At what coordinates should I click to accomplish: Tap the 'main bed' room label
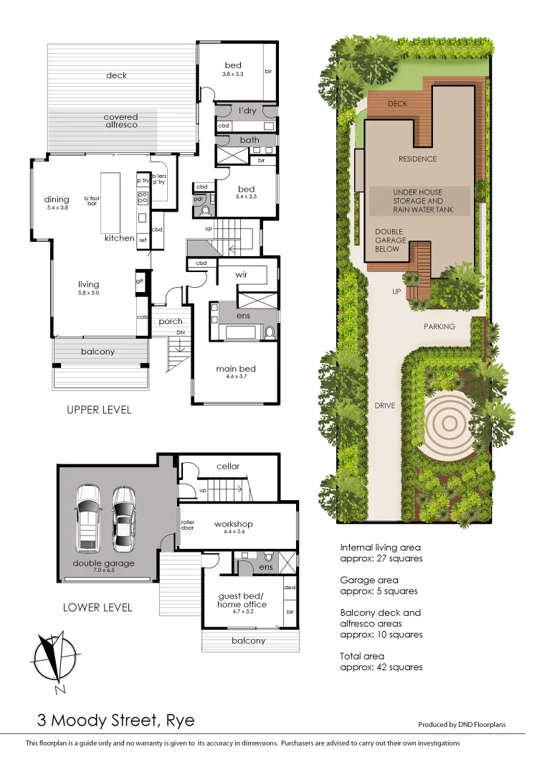pos(236,370)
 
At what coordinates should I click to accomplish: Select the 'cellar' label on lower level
pos(228,466)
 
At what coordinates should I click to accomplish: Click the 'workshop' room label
pos(234,524)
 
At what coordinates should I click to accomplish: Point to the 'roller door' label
pos(188,525)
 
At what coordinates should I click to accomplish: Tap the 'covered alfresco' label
pos(120,121)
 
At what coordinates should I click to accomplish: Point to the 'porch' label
pos(171,321)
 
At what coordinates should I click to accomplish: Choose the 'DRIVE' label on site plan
pos(384,406)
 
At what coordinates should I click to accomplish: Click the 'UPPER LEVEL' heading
pos(99,410)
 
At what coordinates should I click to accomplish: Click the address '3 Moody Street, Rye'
pos(116,720)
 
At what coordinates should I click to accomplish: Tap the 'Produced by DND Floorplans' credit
pos(462,725)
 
